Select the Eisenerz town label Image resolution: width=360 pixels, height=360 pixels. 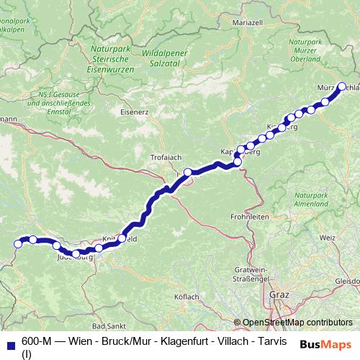point(135,112)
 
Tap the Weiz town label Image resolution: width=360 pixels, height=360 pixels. point(328,236)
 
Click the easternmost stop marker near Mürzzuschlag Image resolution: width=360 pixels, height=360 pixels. point(343,87)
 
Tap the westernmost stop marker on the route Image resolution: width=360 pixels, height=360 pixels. point(17,245)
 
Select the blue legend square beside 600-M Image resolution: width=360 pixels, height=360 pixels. point(9,342)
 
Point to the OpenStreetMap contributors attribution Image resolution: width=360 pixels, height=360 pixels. point(297,322)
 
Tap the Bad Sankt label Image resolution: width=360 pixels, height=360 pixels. point(109,325)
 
